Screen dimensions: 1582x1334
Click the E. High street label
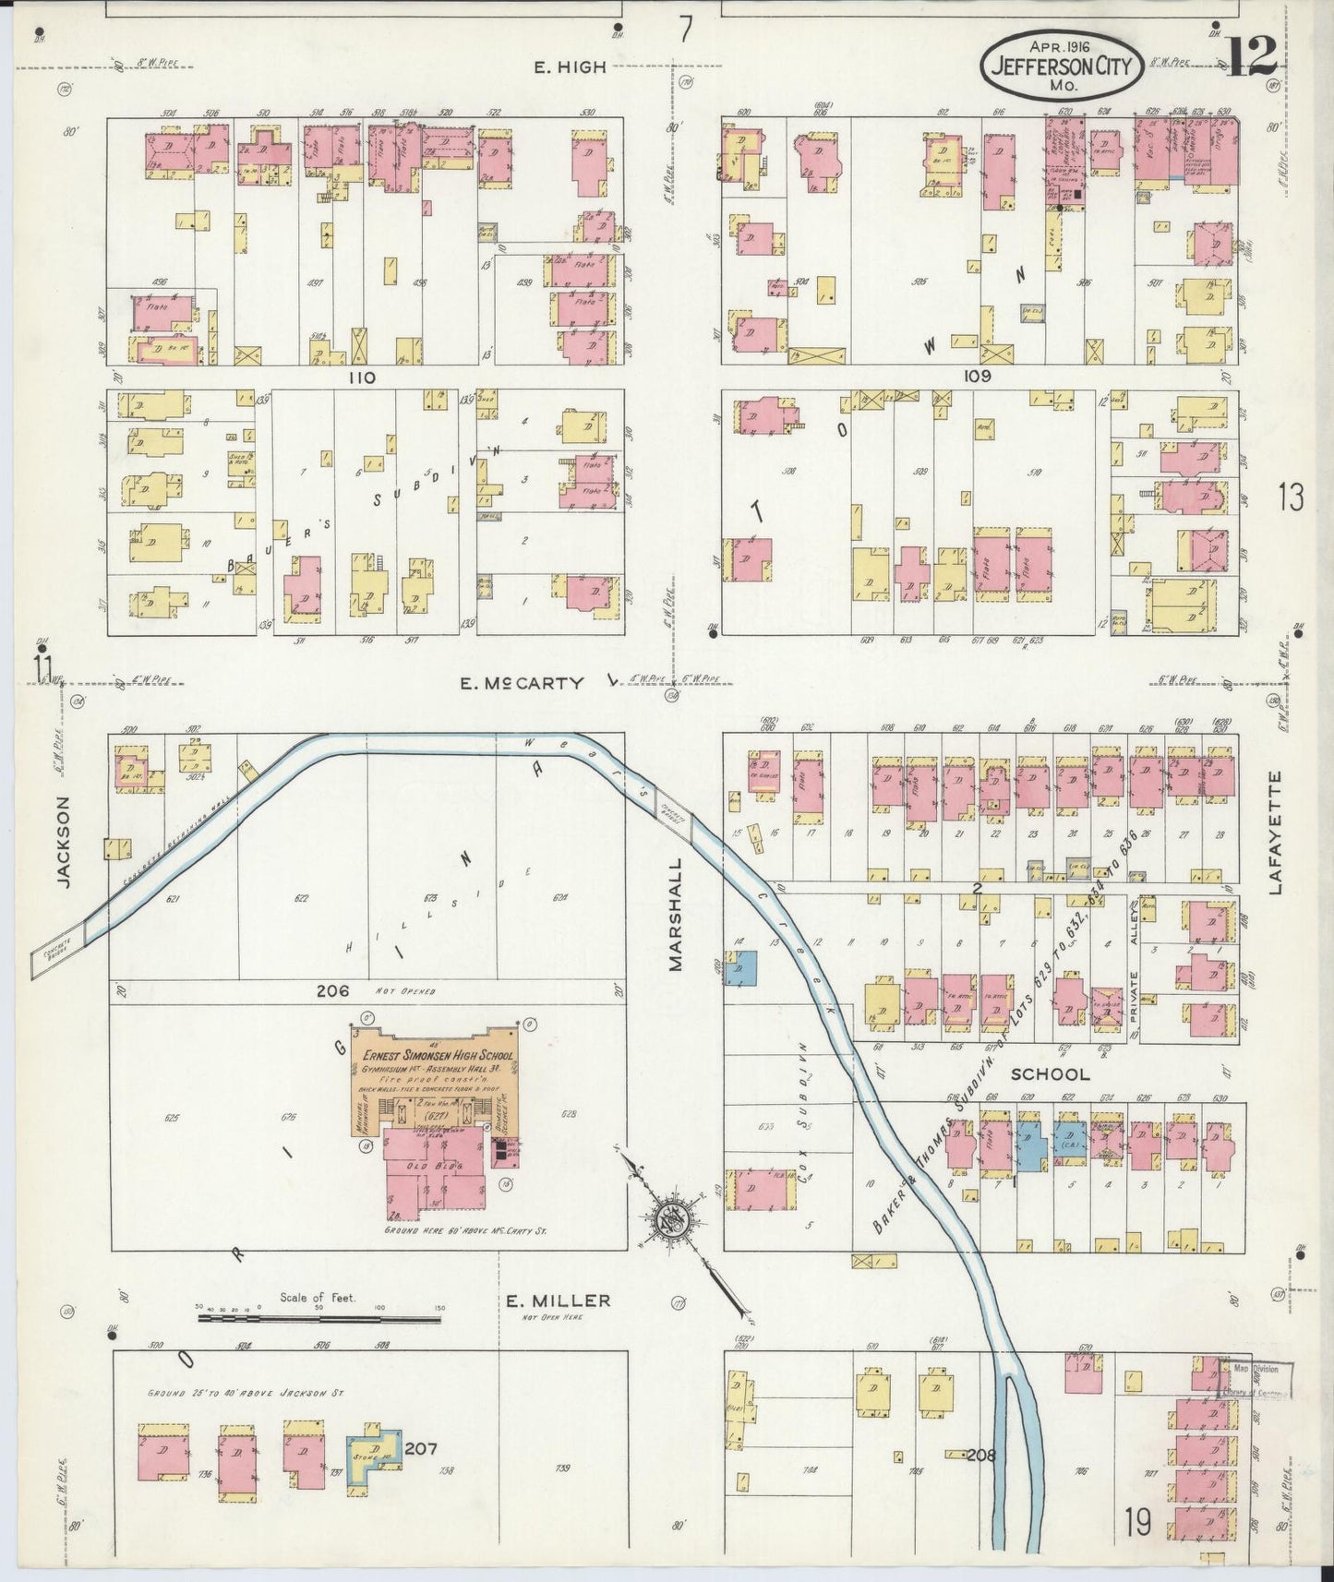(x=571, y=66)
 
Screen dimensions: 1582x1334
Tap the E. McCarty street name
(x=523, y=683)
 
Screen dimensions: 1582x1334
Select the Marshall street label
(x=676, y=914)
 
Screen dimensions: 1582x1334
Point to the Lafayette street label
(x=1276, y=833)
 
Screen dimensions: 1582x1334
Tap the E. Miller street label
(x=558, y=1301)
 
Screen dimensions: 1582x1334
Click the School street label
(x=1050, y=1074)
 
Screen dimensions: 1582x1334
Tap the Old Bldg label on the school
(x=427, y=1166)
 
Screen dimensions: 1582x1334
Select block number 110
(x=360, y=377)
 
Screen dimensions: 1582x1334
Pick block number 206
(x=332, y=991)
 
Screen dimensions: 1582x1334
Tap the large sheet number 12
(x=1252, y=55)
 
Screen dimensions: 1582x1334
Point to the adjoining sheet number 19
(x=1137, y=1522)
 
